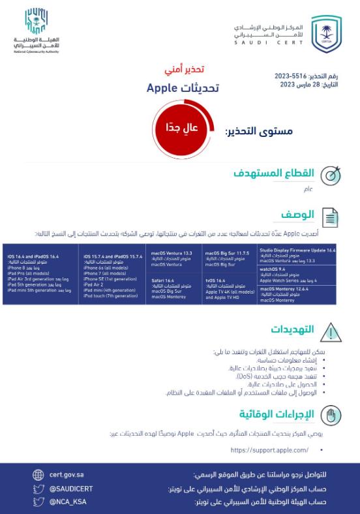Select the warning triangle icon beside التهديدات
(x=332, y=331)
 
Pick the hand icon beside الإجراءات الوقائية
(x=332, y=415)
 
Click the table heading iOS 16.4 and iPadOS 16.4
(x=33, y=257)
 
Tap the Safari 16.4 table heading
(x=163, y=280)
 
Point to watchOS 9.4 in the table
(x=273, y=269)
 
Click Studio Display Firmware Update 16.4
(x=297, y=250)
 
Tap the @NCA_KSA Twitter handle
(x=68, y=502)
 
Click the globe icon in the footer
(x=38, y=475)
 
